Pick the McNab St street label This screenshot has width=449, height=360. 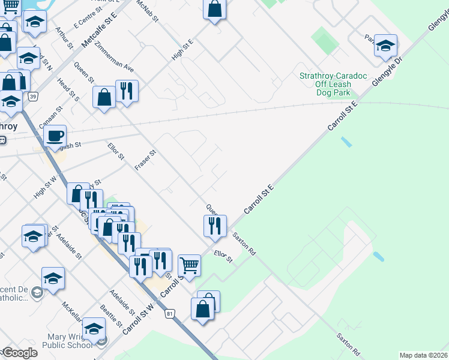pos(148,11)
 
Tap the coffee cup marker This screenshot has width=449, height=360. pos(55,137)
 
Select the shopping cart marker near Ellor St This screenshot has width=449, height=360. pos(189,265)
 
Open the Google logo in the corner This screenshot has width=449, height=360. pos(19,353)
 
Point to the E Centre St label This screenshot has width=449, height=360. pos(85,21)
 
